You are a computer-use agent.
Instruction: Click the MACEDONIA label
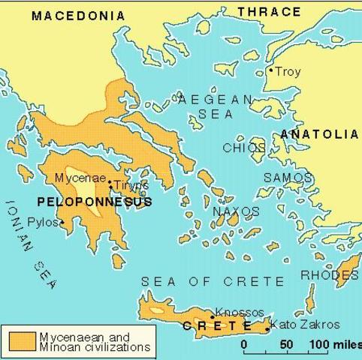point(78,16)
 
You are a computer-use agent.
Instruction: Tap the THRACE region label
point(269,11)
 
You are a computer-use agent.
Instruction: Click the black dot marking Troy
point(271,71)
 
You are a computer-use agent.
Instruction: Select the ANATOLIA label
point(319,134)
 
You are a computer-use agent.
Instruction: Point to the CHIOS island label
point(243,148)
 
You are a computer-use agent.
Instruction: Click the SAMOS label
point(287,178)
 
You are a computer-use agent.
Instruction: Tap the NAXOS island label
point(236,211)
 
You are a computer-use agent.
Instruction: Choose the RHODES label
point(329,275)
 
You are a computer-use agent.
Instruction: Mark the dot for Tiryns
point(110,182)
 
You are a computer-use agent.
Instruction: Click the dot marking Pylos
point(62,222)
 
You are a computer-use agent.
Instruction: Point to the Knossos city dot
point(213,317)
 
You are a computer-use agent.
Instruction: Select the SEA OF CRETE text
point(213,282)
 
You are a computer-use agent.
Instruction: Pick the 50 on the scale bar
point(286,345)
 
